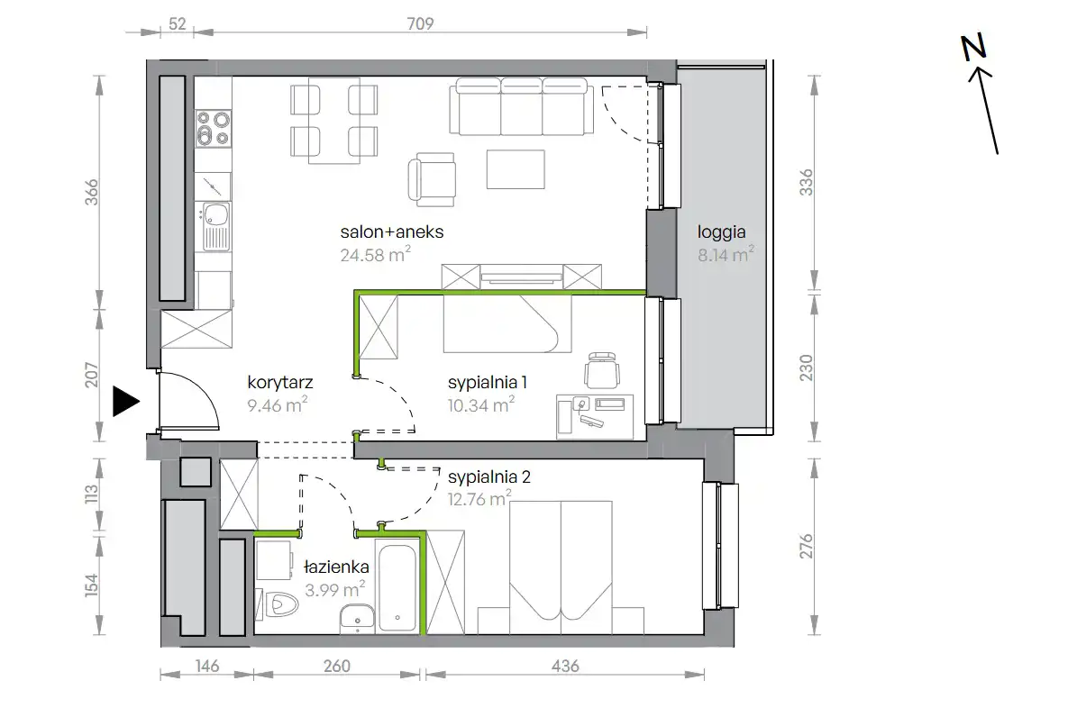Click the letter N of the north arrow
pyautogui.click(x=973, y=48)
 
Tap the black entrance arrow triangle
pyautogui.click(x=126, y=401)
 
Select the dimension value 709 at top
pyautogui.click(x=420, y=23)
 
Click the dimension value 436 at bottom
pyautogui.click(x=565, y=666)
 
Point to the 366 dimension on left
pyautogui.click(x=91, y=192)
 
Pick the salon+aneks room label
pyautogui.click(x=392, y=231)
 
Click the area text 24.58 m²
pyautogui.click(x=375, y=255)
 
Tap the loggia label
pyautogui.click(x=721, y=233)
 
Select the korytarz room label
pyautogui.click(x=280, y=383)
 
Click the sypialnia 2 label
pyautogui.click(x=489, y=476)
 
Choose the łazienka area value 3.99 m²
pyautogui.click(x=334, y=589)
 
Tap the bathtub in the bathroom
pyautogui.click(x=397, y=587)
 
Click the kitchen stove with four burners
pyautogui.click(x=214, y=129)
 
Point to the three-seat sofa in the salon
pyautogui.click(x=521, y=106)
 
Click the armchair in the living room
pyautogui.click(x=432, y=180)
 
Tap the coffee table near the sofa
pyautogui.click(x=516, y=169)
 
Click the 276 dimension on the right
pyautogui.click(x=807, y=546)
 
